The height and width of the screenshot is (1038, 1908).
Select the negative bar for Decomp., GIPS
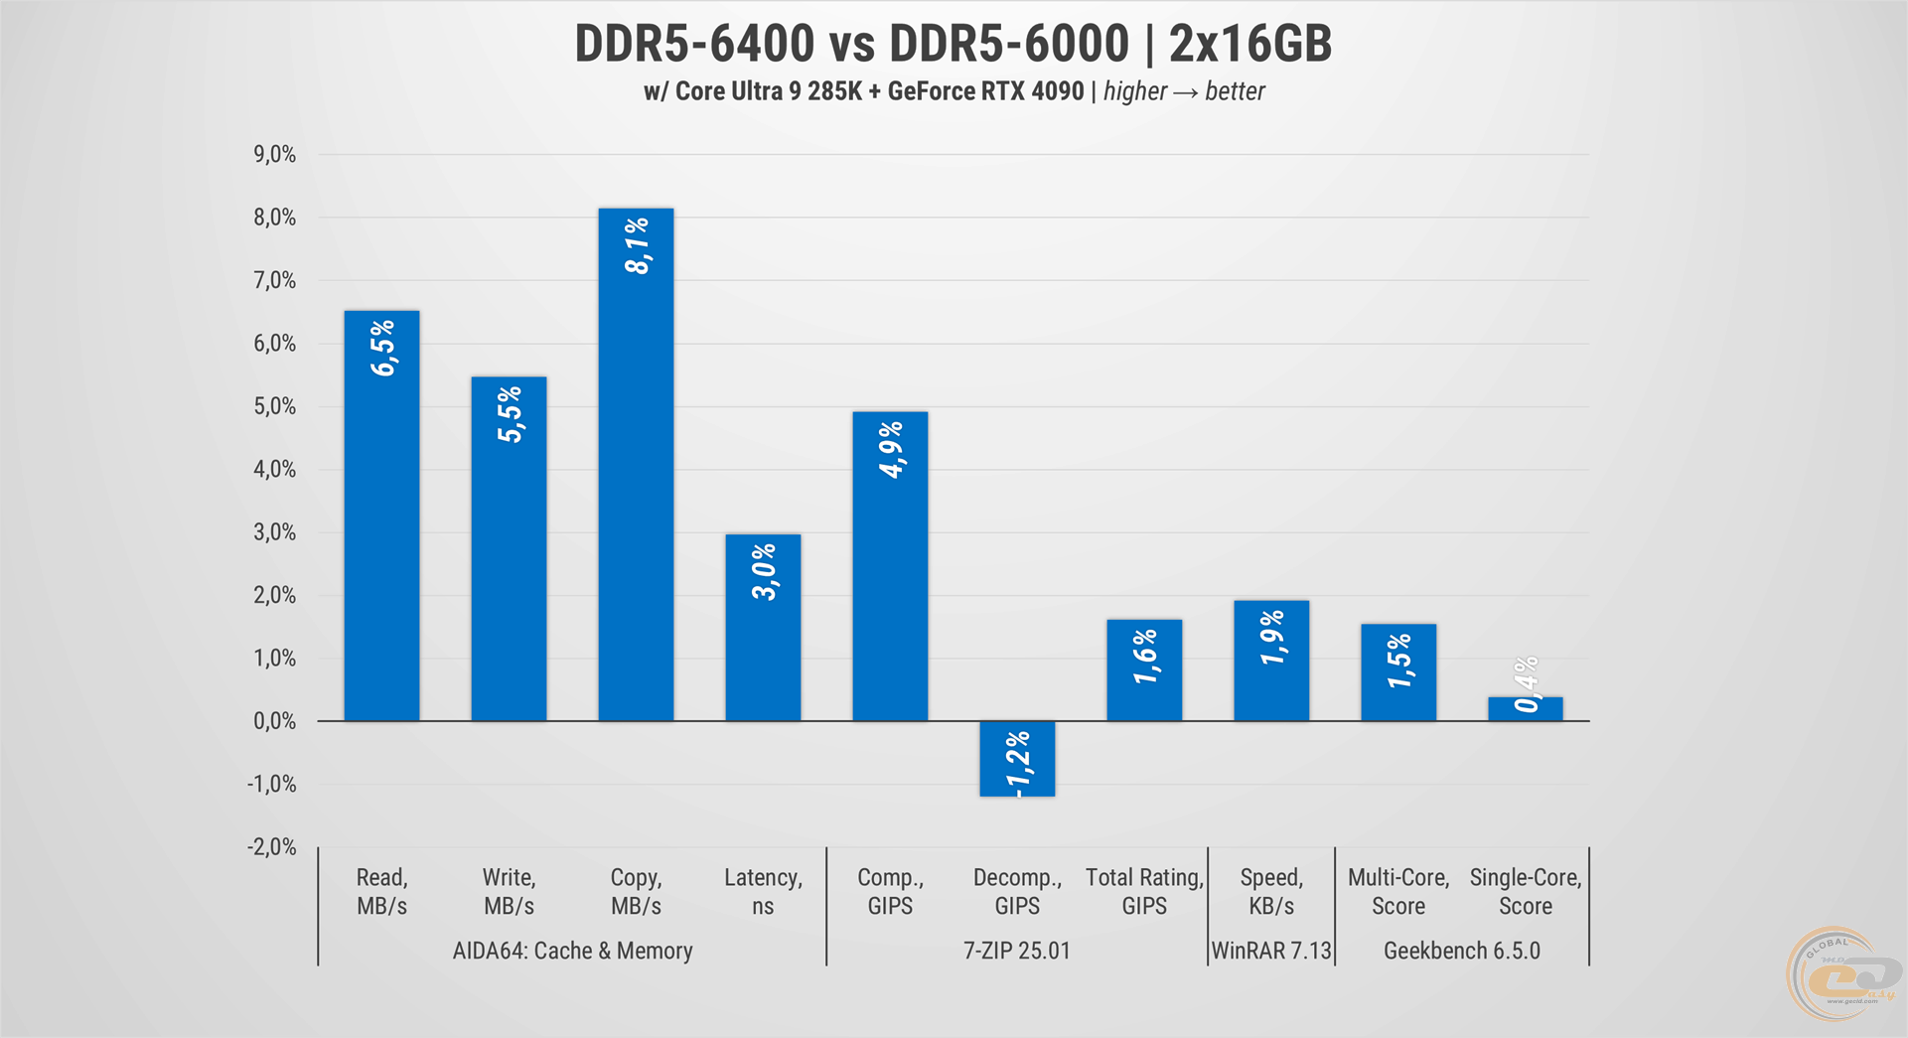point(1017,759)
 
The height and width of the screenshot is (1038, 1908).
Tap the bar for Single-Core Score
point(1526,709)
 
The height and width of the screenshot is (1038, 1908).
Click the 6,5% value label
point(382,348)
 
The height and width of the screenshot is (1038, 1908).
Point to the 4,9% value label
point(891,449)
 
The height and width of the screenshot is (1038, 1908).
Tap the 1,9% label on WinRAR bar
point(1272,638)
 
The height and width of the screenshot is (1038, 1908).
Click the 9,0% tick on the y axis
point(275,154)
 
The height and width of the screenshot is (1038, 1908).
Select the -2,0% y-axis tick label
point(272,847)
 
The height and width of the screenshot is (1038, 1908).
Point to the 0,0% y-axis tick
point(275,721)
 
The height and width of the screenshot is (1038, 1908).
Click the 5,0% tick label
point(275,406)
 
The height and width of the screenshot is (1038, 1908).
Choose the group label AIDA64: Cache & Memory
point(572,951)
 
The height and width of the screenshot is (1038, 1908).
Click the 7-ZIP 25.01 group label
point(1017,951)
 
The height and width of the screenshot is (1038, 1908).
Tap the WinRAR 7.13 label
point(1271,951)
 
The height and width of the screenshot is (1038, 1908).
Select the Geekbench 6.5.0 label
point(1462,951)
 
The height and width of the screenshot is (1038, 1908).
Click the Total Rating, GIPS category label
point(1144,891)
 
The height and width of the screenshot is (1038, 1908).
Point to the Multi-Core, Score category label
point(1398,891)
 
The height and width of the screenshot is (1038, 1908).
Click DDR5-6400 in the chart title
point(694,44)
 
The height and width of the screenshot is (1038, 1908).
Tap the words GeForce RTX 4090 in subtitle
point(985,91)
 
